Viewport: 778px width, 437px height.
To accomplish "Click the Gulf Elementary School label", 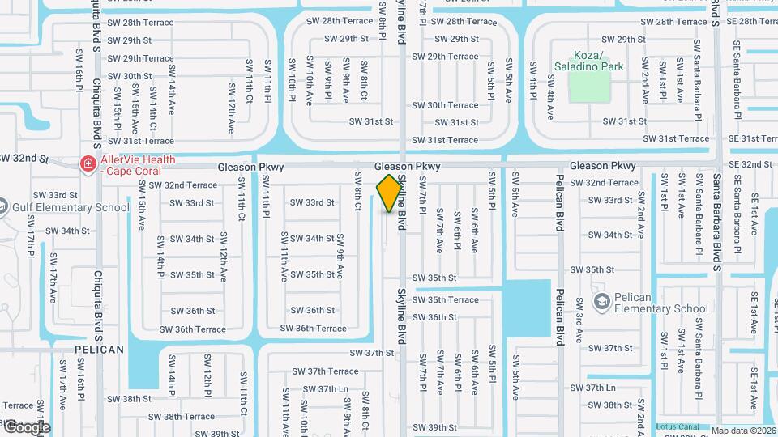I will coord(71,207).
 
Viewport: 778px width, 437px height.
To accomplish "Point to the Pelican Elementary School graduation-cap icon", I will coord(601,303).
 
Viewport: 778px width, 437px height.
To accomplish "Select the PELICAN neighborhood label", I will coord(99,350).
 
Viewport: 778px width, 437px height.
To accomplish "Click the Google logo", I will coord(26,426).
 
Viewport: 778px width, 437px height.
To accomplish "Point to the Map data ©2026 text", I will coord(743,431).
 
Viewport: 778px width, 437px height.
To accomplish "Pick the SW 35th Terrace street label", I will coord(446,299).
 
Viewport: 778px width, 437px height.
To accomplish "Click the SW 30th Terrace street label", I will coord(445,105).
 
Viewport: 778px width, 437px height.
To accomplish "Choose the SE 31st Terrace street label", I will coord(753,138).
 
